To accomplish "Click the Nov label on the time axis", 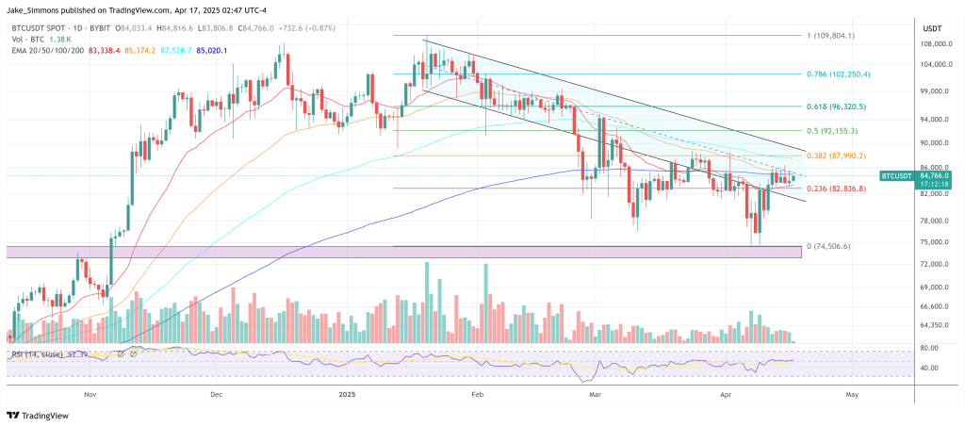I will tap(90, 395).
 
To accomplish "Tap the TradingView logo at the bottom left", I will tap(39, 415).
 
